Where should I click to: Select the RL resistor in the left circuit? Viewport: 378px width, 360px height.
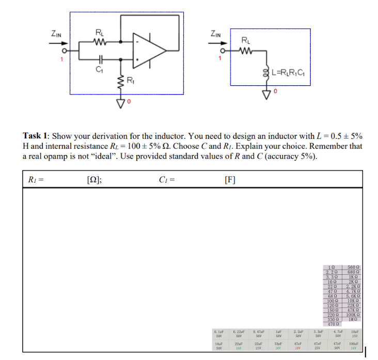tap(99, 42)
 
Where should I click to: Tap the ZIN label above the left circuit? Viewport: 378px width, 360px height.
tap(56, 34)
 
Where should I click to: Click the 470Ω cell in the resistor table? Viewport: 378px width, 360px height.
tap(333, 324)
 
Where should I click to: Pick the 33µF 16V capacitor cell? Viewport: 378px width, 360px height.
tap(277, 346)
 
